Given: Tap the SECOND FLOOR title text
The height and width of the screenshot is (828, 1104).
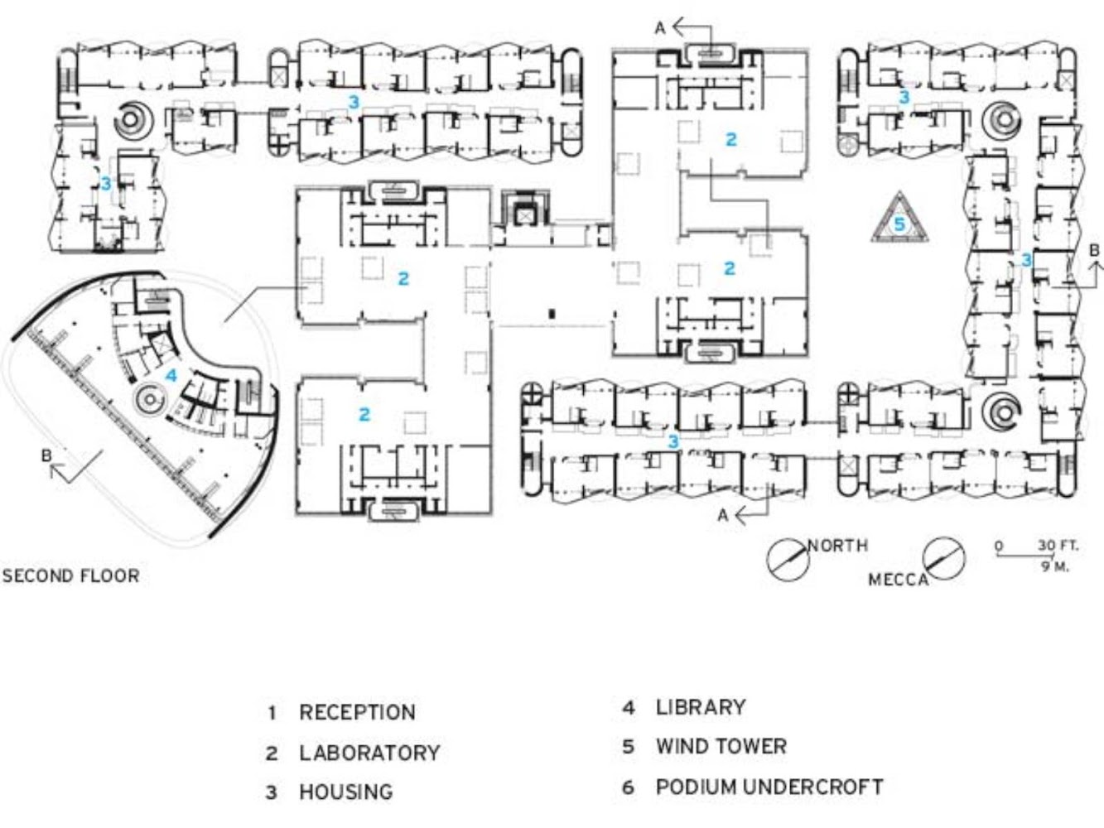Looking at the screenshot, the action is [70, 575].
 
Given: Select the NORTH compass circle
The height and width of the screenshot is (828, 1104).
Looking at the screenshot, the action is [787, 560].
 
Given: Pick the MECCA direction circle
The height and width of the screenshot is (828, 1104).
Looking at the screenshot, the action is [944, 559].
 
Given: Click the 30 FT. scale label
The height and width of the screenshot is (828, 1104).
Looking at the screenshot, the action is [1058, 546].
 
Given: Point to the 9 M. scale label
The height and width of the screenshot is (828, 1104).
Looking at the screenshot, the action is [1055, 566].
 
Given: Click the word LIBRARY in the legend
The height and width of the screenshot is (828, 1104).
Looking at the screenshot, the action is [701, 707].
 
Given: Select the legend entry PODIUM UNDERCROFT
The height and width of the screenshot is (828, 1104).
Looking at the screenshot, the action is [769, 787].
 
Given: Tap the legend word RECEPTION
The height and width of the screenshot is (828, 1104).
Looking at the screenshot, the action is [357, 712].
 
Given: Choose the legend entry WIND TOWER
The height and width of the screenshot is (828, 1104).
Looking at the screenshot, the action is [721, 746].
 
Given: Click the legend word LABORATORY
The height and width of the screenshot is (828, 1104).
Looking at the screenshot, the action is [369, 753].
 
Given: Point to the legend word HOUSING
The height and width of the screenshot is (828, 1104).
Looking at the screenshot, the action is [346, 792].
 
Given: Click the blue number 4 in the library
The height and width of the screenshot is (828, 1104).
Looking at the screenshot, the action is [171, 375].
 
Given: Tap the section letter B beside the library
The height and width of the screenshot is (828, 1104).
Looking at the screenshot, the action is [46, 455].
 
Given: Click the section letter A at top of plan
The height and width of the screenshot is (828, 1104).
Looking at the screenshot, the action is [660, 28].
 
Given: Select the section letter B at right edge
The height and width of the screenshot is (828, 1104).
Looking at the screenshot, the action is [1094, 249].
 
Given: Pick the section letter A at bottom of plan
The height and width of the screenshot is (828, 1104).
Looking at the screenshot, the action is [723, 515].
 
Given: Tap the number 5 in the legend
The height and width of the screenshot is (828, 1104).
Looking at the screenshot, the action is [628, 747].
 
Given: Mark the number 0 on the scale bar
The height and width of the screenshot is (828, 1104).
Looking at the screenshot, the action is [999, 546].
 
